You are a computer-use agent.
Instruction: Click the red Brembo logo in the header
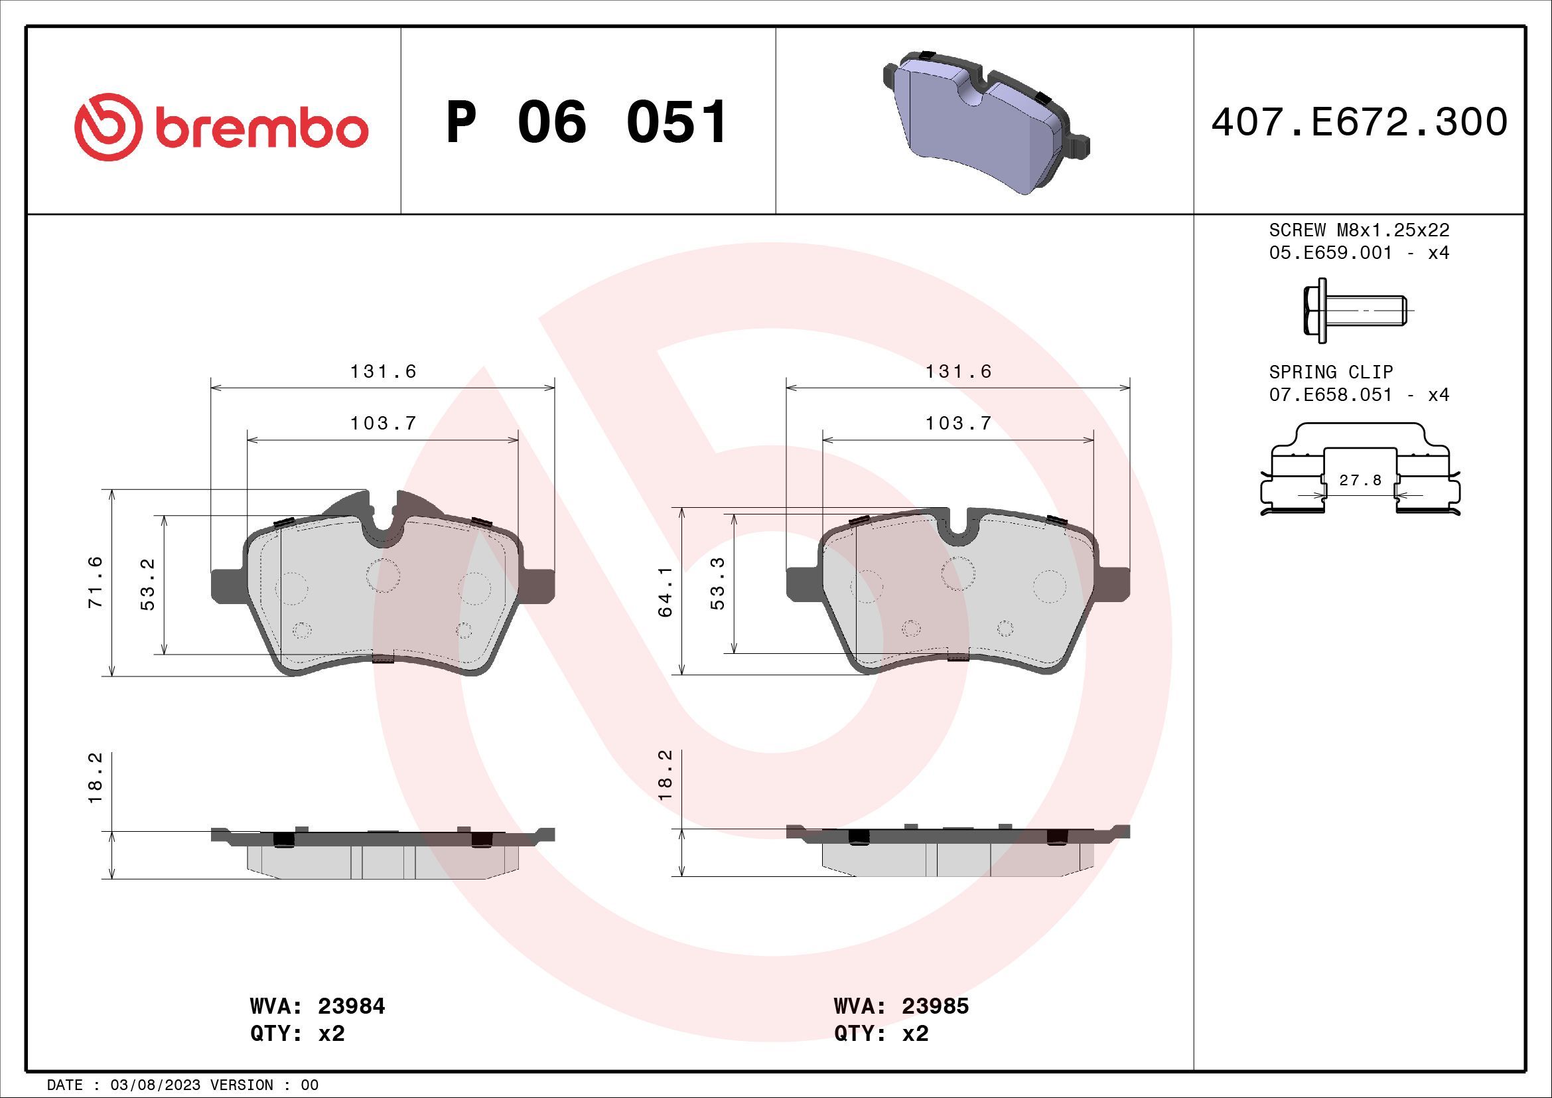(x=221, y=127)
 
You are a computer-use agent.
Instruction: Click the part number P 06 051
(x=587, y=122)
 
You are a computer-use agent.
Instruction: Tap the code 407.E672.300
(x=1359, y=122)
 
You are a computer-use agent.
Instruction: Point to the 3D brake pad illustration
(x=985, y=121)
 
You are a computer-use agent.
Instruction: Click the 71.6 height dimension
(x=96, y=582)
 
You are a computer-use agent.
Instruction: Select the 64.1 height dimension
(x=665, y=591)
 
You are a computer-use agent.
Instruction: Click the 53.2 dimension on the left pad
(x=147, y=584)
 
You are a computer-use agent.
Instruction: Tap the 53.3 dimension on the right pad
(x=717, y=583)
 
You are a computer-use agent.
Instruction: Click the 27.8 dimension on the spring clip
(x=1360, y=480)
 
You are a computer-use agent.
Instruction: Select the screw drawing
(x=1358, y=311)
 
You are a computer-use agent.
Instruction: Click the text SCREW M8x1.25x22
(x=1359, y=230)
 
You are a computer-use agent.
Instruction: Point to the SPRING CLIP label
(x=1330, y=372)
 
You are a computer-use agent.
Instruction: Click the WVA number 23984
(x=351, y=1006)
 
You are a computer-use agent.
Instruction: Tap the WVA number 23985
(x=935, y=1006)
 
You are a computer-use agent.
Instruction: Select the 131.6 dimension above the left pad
(x=383, y=371)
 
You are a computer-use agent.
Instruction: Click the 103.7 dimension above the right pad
(x=958, y=424)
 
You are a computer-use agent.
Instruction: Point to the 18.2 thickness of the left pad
(x=96, y=777)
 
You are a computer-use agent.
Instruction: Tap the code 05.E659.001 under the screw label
(x=1330, y=253)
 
